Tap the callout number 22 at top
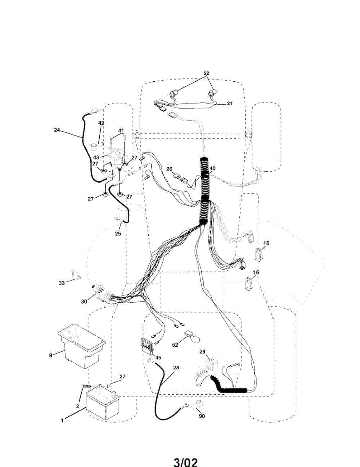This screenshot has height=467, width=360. [x=206, y=73]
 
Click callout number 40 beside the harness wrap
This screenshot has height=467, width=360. [x=212, y=169]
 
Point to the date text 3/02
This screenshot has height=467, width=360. [x=186, y=462]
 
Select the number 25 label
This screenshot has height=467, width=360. [x=118, y=233]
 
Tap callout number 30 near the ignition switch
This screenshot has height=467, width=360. [x=84, y=301]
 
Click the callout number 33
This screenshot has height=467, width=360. [x=62, y=283]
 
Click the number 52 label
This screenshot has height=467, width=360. [x=176, y=344]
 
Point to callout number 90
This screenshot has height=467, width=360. [x=202, y=416]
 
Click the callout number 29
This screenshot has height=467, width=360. [x=202, y=352]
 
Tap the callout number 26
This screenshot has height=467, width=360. [x=169, y=169]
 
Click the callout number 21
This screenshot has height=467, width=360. [x=229, y=104]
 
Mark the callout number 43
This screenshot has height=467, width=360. [x=95, y=157]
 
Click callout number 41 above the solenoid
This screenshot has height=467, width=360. [x=121, y=130]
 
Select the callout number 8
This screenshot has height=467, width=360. [x=50, y=355]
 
